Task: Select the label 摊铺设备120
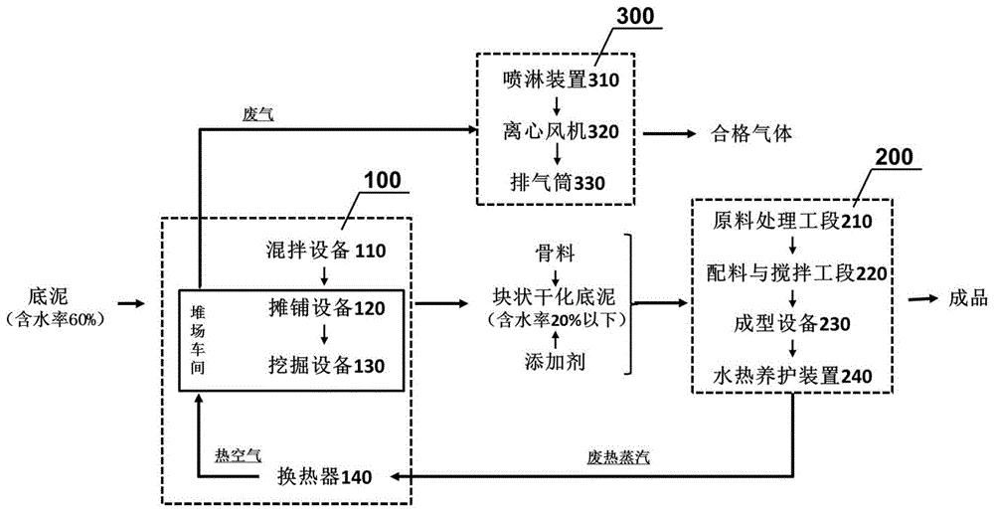324,308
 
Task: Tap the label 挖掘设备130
324,364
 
